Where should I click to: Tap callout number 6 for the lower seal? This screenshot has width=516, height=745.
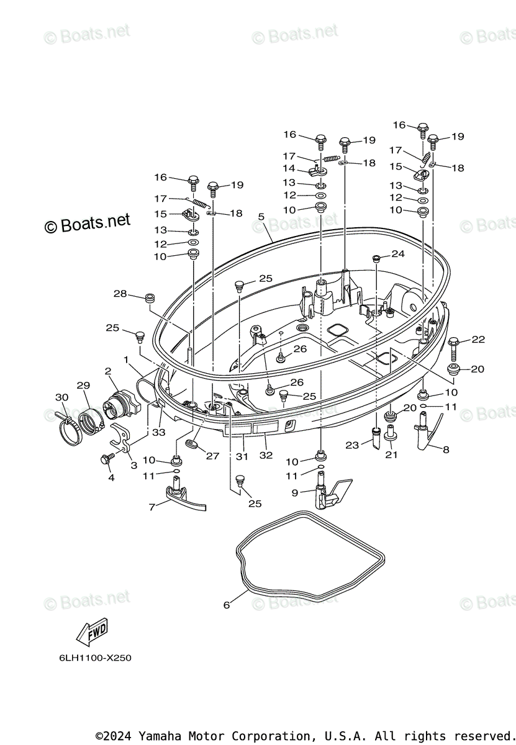227,605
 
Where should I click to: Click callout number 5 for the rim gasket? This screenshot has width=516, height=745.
261,217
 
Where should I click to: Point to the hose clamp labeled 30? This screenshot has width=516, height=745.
70,429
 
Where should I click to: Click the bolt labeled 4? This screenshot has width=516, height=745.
106,459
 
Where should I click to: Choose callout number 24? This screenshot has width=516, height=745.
397,254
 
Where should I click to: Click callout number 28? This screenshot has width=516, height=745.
120,294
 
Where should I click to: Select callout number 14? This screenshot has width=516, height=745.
289,168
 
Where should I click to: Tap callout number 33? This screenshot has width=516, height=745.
159,432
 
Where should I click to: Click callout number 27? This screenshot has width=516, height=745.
212,456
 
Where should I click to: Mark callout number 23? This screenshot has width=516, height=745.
352,445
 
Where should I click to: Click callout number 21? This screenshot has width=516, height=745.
391,454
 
